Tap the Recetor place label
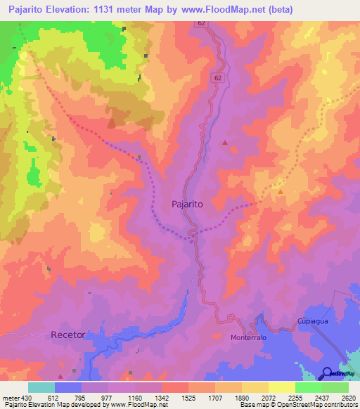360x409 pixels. click(68, 335)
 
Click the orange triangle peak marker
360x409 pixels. click(281, 191)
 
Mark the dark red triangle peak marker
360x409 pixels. click(225, 143)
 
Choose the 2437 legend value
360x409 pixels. click(321, 397)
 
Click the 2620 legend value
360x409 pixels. click(349, 397)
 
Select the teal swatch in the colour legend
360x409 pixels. click(41, 387)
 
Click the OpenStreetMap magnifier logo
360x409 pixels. click(327, 372)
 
